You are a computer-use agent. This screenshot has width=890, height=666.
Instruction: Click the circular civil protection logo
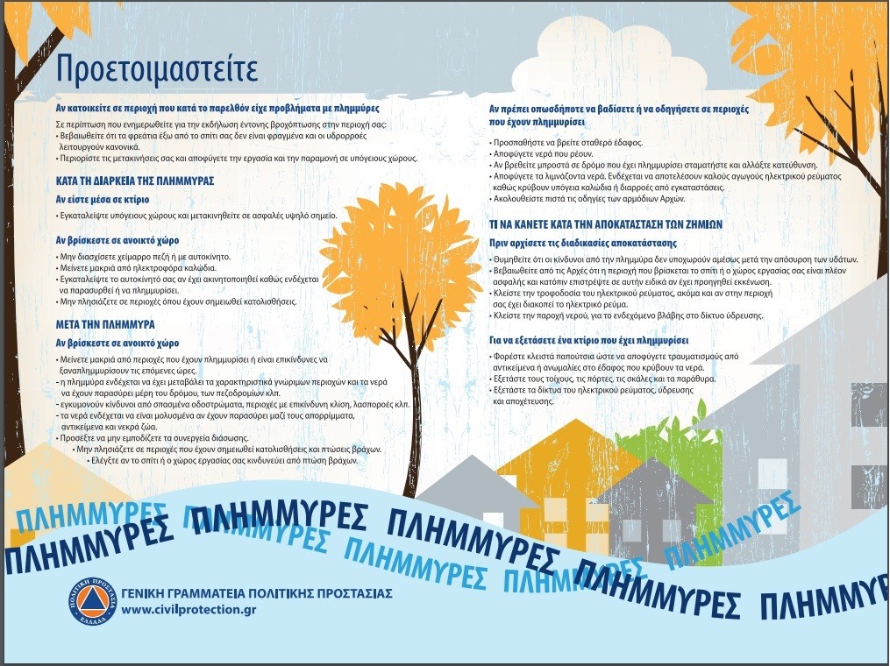[92, 603]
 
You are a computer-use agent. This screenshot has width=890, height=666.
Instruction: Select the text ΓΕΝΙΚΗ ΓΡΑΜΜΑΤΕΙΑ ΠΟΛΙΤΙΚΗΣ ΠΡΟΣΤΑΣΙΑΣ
[256, 593]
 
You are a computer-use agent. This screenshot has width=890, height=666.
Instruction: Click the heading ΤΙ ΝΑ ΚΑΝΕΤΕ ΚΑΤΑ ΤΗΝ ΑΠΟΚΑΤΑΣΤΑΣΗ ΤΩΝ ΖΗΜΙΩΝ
[607, 224]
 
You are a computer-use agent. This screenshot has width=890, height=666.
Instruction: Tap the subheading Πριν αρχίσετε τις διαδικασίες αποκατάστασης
[582, 243]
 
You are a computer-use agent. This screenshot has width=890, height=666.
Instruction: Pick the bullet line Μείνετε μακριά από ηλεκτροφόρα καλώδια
[131, 266]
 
